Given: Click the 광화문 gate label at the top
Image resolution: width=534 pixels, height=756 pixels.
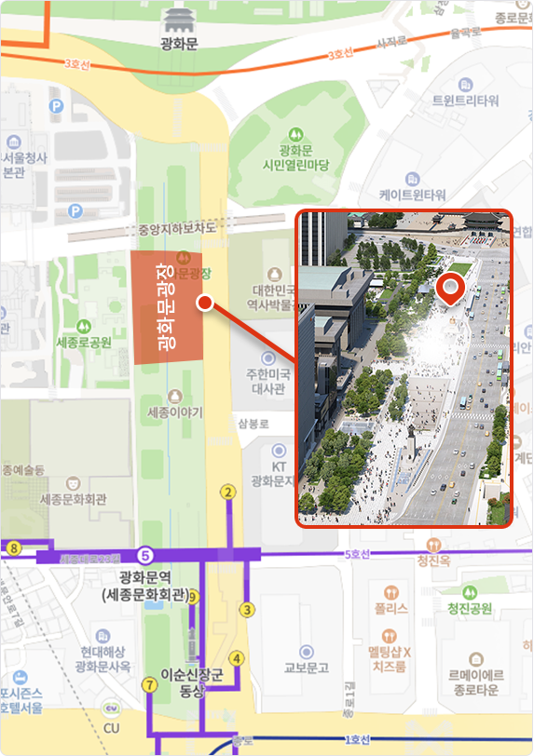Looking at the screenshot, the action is click(x=179, y=44).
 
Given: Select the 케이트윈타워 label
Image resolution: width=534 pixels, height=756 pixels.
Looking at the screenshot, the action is click(x=412, y=195).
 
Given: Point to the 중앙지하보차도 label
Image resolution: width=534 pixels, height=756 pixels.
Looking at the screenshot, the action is click(x=177, y=227).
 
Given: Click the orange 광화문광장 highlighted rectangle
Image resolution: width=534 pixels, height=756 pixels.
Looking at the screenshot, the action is click(x=166, y=307).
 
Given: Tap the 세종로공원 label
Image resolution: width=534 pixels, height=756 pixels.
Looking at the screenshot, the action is click(x=84, y=342).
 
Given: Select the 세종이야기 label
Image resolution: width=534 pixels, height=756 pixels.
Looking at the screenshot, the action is click(x=175, y=411).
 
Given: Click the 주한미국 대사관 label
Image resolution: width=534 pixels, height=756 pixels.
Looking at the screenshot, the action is click(x=269, y=381).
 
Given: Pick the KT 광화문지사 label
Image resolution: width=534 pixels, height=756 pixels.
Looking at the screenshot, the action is click(x=278, y=473).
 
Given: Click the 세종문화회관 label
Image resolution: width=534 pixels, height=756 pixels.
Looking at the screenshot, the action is click(x=74, y=498).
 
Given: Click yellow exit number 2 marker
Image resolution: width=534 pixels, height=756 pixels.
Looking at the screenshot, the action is click(x=226, y=492).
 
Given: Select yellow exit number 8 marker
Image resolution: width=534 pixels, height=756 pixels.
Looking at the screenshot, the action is click(x=13, y=549).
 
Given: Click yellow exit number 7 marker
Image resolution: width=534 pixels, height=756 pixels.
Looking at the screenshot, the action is click(x=149, y=685).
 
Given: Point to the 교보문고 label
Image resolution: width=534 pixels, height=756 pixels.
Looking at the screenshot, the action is click(x=307, y=667).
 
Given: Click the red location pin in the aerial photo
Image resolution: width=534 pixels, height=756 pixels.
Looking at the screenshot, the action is click(x=451, y=288).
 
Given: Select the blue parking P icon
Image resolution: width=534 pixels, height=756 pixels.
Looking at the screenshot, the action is click(x=57, y=106).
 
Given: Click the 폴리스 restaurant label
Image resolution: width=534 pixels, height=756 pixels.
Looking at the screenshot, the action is click(x=391, y=609).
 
